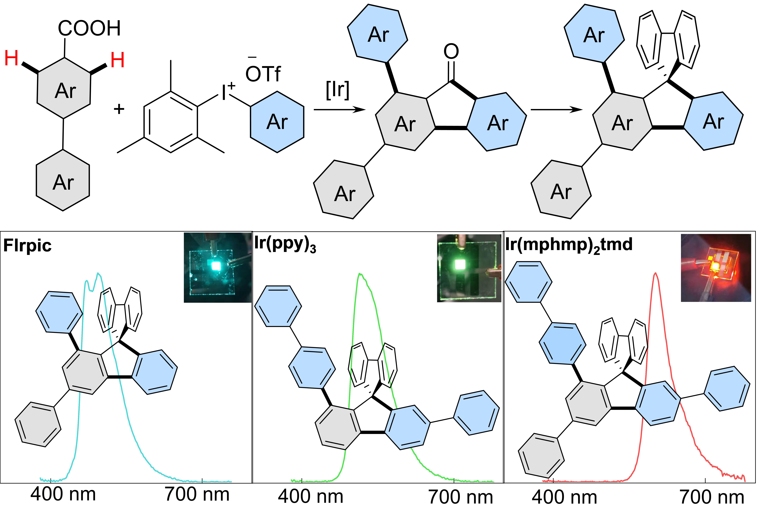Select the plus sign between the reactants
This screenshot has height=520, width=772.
(x=119, y=109)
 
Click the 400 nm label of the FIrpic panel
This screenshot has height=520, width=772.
(x=63, y=494)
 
